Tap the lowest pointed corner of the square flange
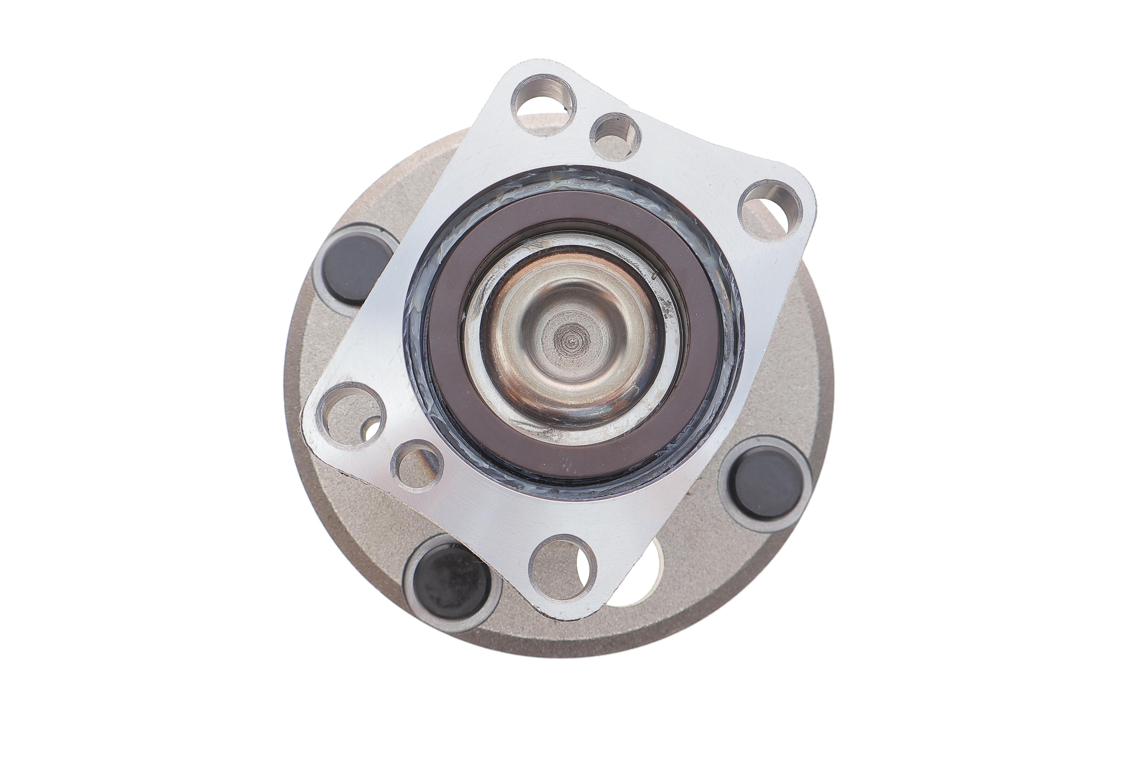tap(560, 617)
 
